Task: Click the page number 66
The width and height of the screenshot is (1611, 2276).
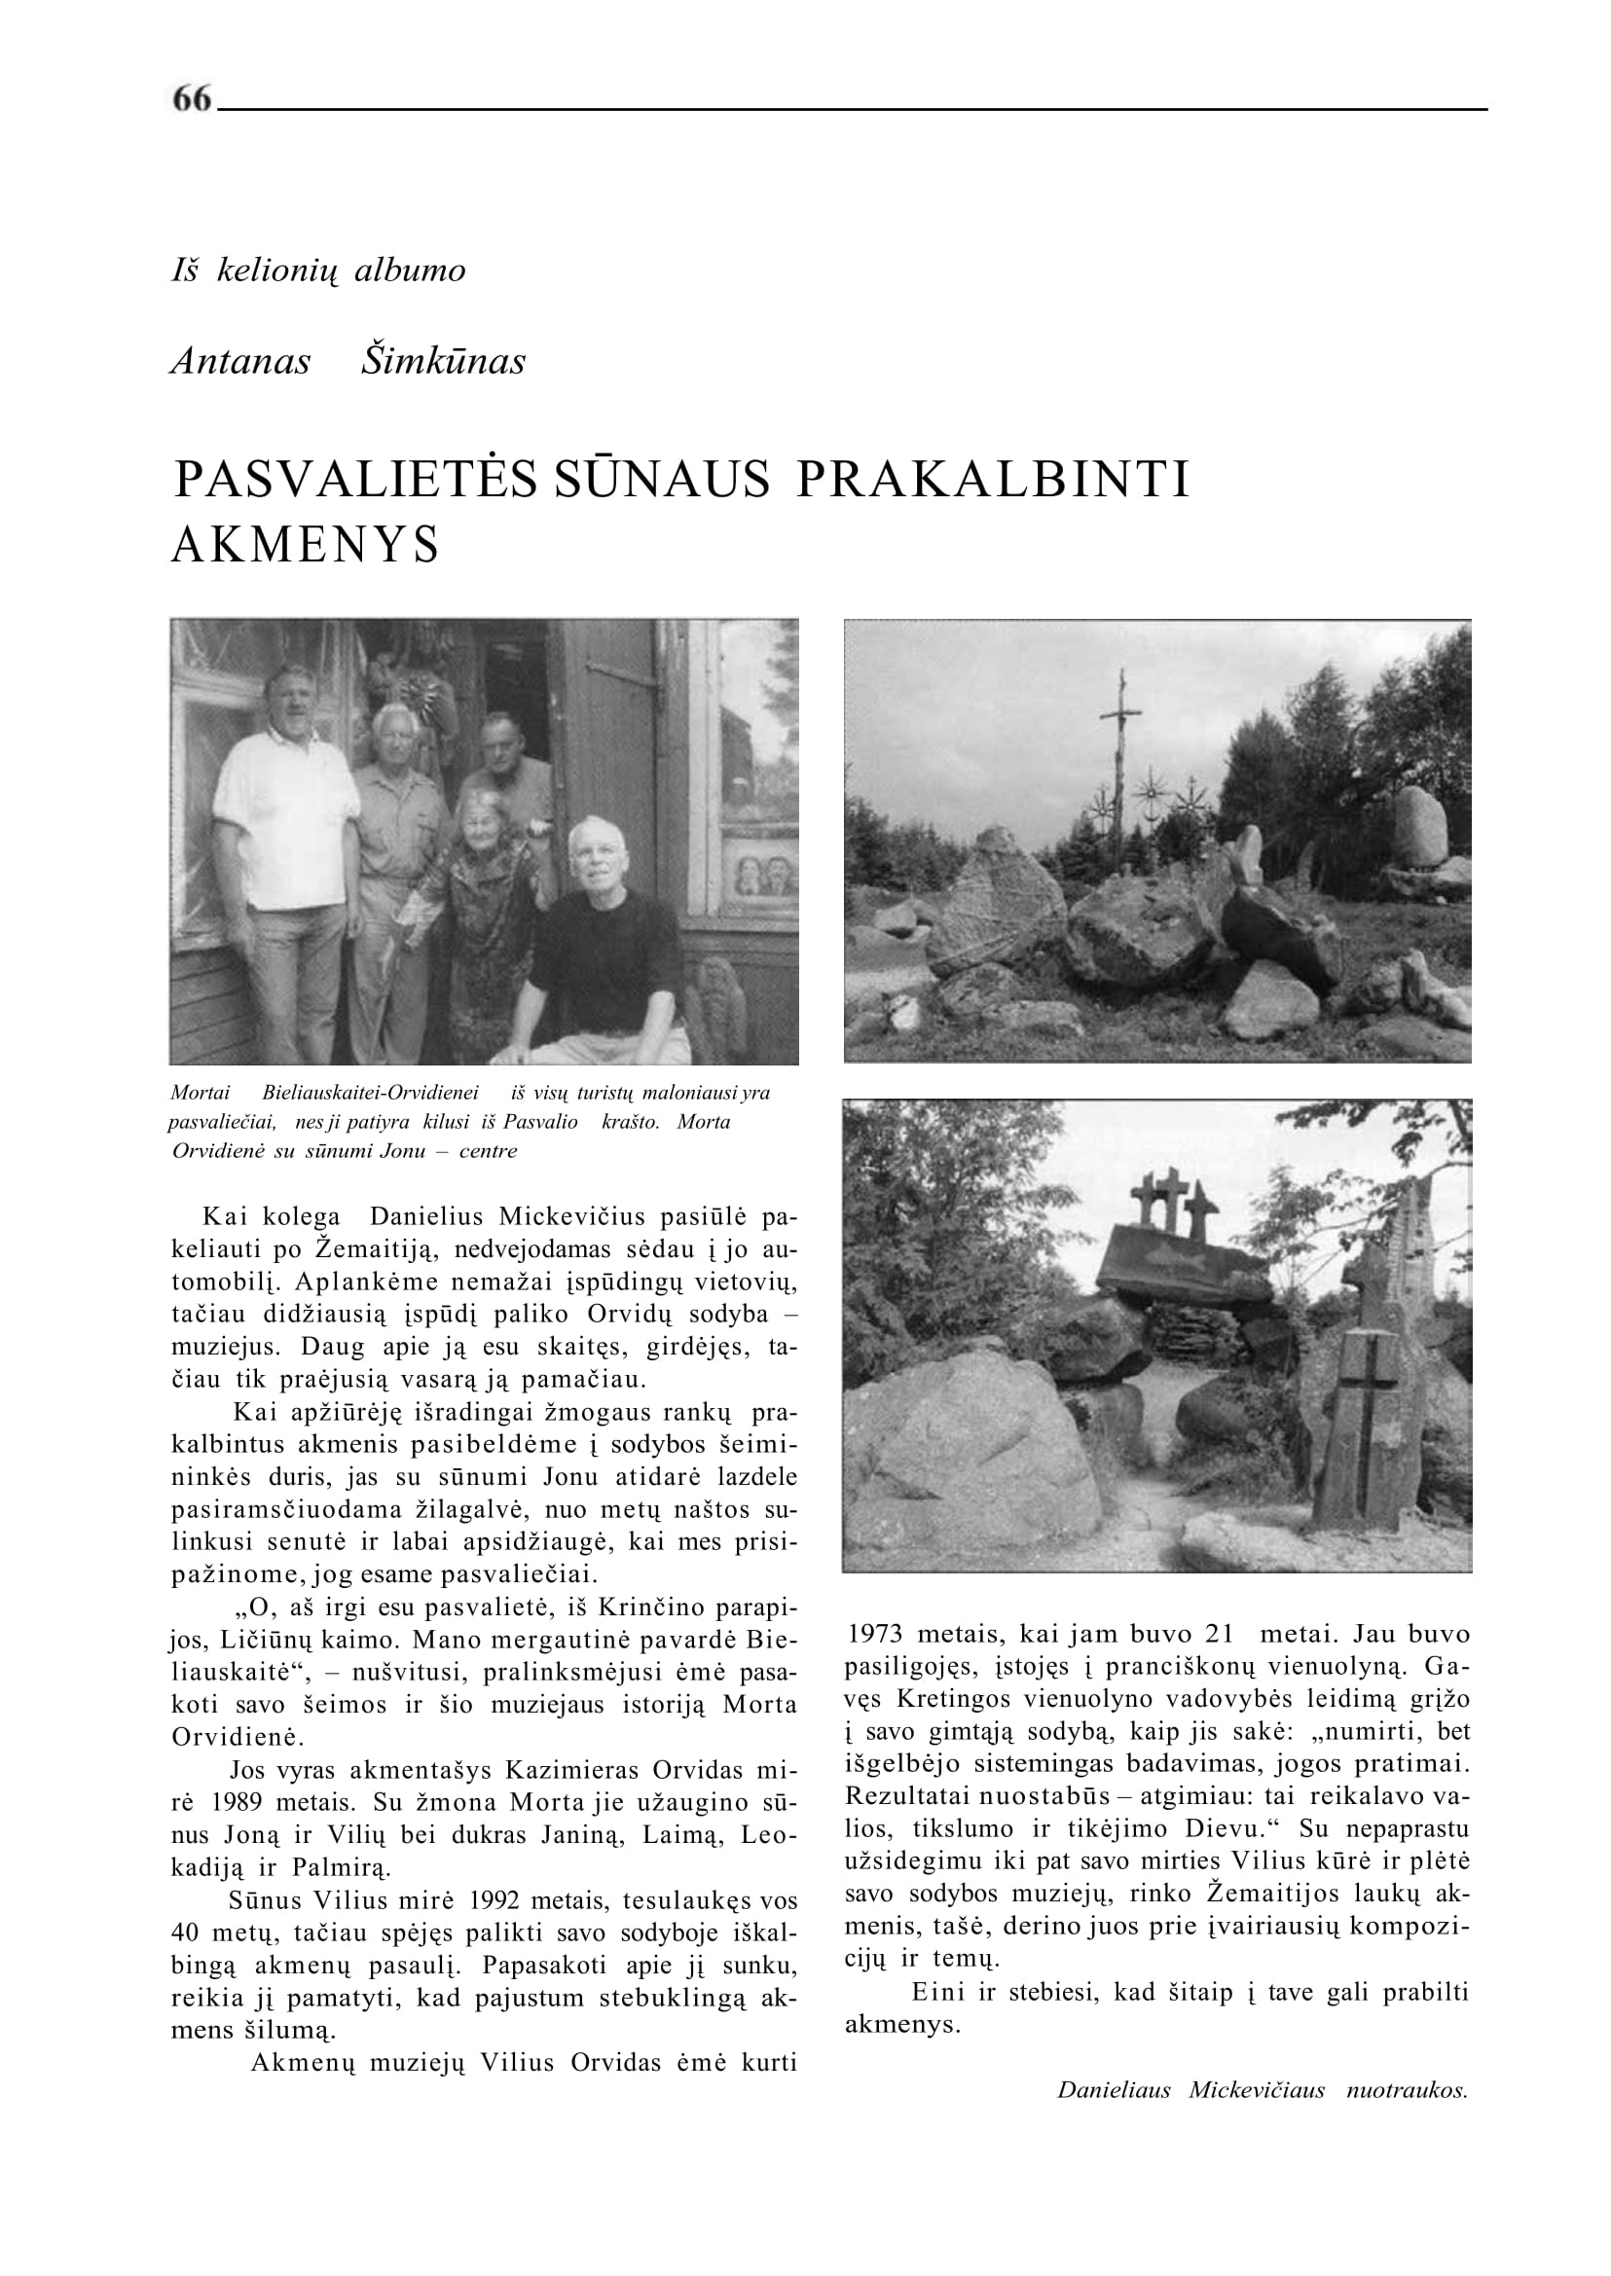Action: [x=193, y=98]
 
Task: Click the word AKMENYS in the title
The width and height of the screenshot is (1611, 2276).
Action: [x=306, y=545]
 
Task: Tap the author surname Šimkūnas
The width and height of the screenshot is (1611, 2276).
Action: [x=443, y=362]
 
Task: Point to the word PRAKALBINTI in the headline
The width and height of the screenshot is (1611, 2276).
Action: [x=993, y=480]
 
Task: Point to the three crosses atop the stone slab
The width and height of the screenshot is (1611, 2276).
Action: [x=1175, y=1199]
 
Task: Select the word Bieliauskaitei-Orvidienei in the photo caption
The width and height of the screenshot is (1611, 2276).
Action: [x=370, y=1094]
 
